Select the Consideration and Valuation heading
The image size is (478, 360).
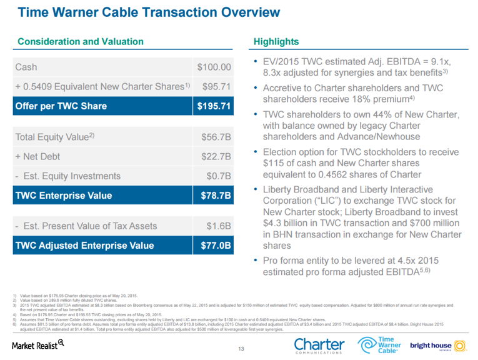81,42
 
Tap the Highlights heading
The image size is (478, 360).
276,42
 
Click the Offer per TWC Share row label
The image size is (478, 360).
61,106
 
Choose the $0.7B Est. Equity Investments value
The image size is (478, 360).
220,176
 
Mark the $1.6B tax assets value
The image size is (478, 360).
220,226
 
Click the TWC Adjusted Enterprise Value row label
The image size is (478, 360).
84,246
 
